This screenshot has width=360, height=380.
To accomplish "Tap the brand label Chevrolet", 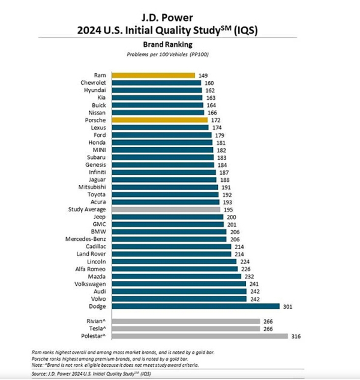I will tap(94, 82).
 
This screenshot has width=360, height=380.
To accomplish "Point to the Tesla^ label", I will tap(98, 329).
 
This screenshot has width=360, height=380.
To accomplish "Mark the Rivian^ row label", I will tap(97, 321).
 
